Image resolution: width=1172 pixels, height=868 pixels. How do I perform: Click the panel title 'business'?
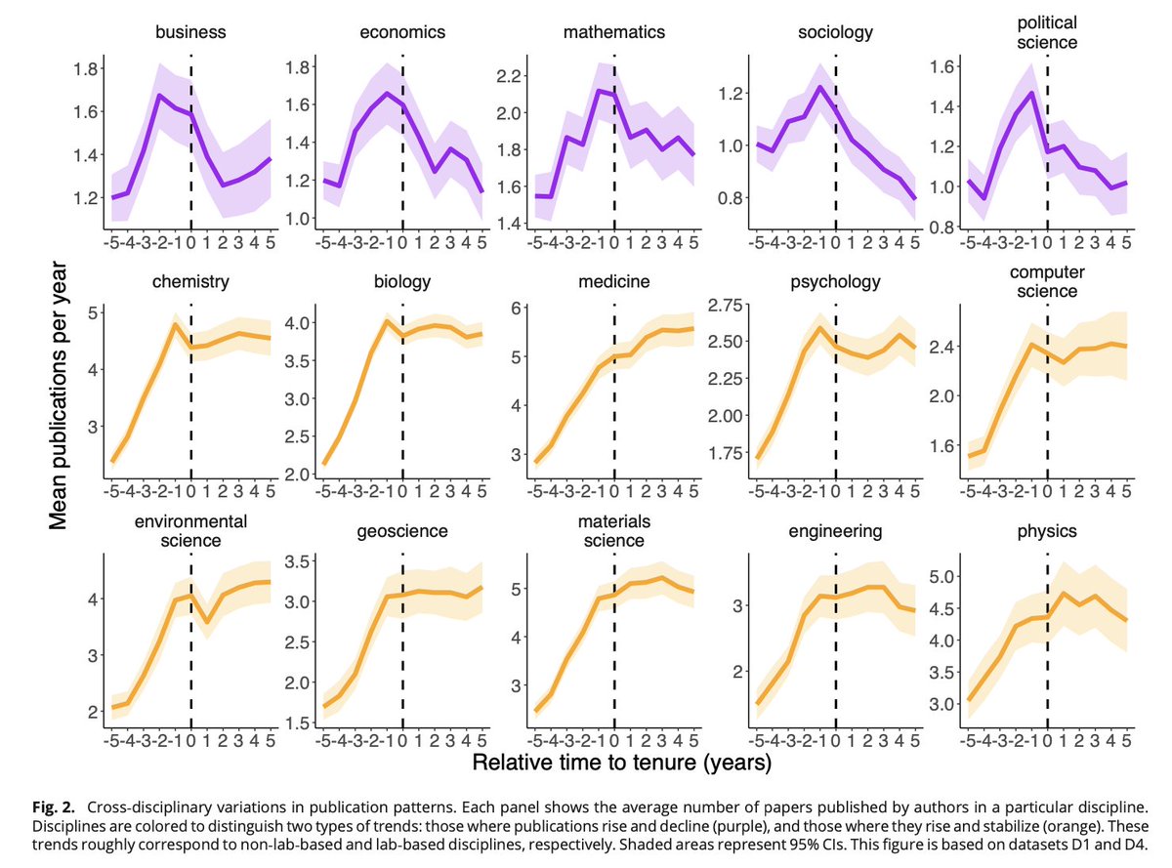[x=191, y=32]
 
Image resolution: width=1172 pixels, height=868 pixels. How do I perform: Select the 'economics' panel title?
[x=403, y=32]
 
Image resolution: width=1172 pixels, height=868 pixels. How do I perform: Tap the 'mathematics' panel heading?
[x=614, y=32]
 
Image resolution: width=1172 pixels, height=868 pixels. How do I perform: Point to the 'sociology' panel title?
[x=835, y=33]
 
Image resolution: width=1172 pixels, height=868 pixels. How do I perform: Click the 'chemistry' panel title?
[x=191, y=283]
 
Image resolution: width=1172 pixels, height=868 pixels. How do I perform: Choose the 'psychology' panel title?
[x=835, y=283]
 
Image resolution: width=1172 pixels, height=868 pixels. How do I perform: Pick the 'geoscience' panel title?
[x=403, y=531]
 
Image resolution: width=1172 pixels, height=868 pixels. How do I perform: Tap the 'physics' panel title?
[x=1047, y=531]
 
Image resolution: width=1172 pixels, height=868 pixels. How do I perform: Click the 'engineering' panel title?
[x=835, y=531]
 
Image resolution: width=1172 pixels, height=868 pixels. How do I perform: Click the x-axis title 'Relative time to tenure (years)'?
[x=621, y=762]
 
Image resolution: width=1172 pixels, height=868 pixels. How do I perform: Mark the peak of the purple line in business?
[x=159, y=95]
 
